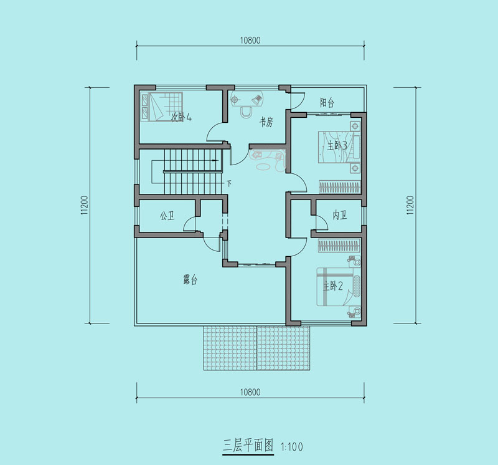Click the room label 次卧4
click(181, 117)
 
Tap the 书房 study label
click(266, 122)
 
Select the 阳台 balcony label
click(327, 103)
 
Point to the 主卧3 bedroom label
click(337, 146)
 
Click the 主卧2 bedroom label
click(333, 286)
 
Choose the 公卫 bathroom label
click(167, 216)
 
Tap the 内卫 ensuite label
click(339, 215)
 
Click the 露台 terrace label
click(190, 280)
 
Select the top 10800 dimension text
click(250, 41)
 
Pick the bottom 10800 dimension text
click(250, 392)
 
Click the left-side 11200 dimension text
click(84, 205)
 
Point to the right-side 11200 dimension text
click(411, 205)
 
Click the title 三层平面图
click(248, 445)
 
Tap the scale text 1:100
click(292, 447)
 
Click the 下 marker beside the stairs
click(229, 183)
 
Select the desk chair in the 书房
click(246, 112)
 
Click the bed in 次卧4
click(162, 107)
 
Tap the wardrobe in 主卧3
click(340, 187)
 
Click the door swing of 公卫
click(189, 223)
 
